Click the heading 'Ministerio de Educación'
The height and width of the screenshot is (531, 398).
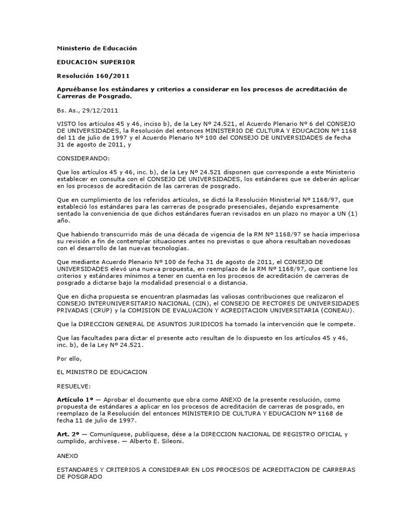click(x=96, y=48)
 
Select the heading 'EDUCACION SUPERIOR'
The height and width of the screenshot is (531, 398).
click(x=96, y=62)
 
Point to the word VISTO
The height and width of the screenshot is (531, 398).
click(x=65, y=124)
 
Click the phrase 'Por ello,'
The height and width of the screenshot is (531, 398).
click(x=69, y=357)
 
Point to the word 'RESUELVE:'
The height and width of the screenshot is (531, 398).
click(x=74, y=385)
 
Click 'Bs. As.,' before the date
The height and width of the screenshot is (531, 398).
click(x=68, y=110)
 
